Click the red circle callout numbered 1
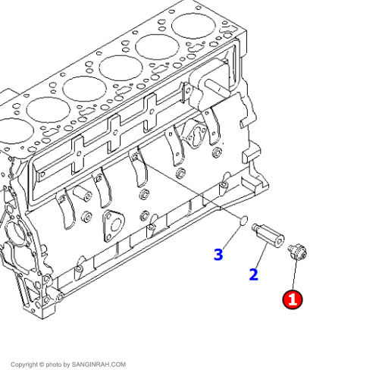point(293,299)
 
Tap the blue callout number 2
point(253,274)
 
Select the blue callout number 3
point(218,255)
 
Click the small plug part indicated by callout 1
point(297,252)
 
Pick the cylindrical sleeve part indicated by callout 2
point(268,235)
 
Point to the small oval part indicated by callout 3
point(243,221)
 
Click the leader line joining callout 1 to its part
point(296,274)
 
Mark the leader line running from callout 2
point(262,255)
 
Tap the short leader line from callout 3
point(233,237)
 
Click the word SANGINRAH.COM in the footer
point(99,365)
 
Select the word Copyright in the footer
point(23,365)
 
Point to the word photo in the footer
point(54,365)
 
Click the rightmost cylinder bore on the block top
point(193,26)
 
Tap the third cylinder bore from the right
point(121,68)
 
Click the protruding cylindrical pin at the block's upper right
point(216,87)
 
